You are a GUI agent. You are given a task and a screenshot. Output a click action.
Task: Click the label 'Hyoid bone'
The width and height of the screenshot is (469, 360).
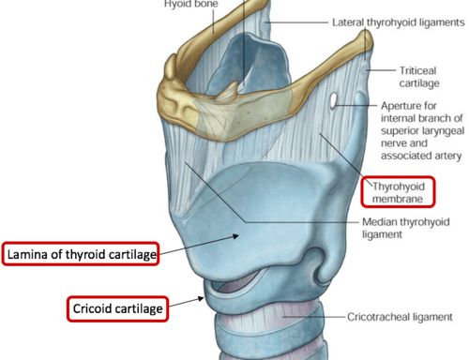coord(191,4)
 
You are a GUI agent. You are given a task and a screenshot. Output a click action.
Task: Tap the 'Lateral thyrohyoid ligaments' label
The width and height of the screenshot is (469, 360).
coord(399,22)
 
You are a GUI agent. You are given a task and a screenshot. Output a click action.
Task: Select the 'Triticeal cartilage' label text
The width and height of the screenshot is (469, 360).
coord(419,77)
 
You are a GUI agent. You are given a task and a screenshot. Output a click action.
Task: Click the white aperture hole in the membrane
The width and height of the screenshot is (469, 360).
coord(333,100)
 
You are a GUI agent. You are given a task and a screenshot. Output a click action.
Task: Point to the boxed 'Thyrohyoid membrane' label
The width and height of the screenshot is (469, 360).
coord(398,192)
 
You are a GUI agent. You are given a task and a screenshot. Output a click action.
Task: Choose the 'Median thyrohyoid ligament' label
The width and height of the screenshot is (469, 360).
coord(406,228)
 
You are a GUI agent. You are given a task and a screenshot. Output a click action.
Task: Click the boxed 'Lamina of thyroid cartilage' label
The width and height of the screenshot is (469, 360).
coord(81,254)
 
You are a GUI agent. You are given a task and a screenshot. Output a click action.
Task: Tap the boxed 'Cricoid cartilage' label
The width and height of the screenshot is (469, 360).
coord(117,308)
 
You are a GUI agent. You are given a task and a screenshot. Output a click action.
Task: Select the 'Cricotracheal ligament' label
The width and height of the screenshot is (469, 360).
coord(400,317)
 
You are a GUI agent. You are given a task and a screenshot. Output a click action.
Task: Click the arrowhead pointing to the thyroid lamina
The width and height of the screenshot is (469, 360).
coord(235,236)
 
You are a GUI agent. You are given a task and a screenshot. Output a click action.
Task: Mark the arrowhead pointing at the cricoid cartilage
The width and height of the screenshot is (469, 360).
coord(201,299)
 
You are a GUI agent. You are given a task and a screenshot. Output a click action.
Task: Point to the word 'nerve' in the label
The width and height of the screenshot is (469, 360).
coord(393,143)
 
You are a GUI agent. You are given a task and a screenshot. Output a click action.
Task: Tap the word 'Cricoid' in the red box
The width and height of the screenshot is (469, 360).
coord(93,308)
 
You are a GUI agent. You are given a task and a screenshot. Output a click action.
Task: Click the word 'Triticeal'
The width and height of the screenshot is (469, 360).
coord(417,70)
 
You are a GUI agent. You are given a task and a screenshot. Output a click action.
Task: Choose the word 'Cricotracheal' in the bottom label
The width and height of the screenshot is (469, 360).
coord(379,317)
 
